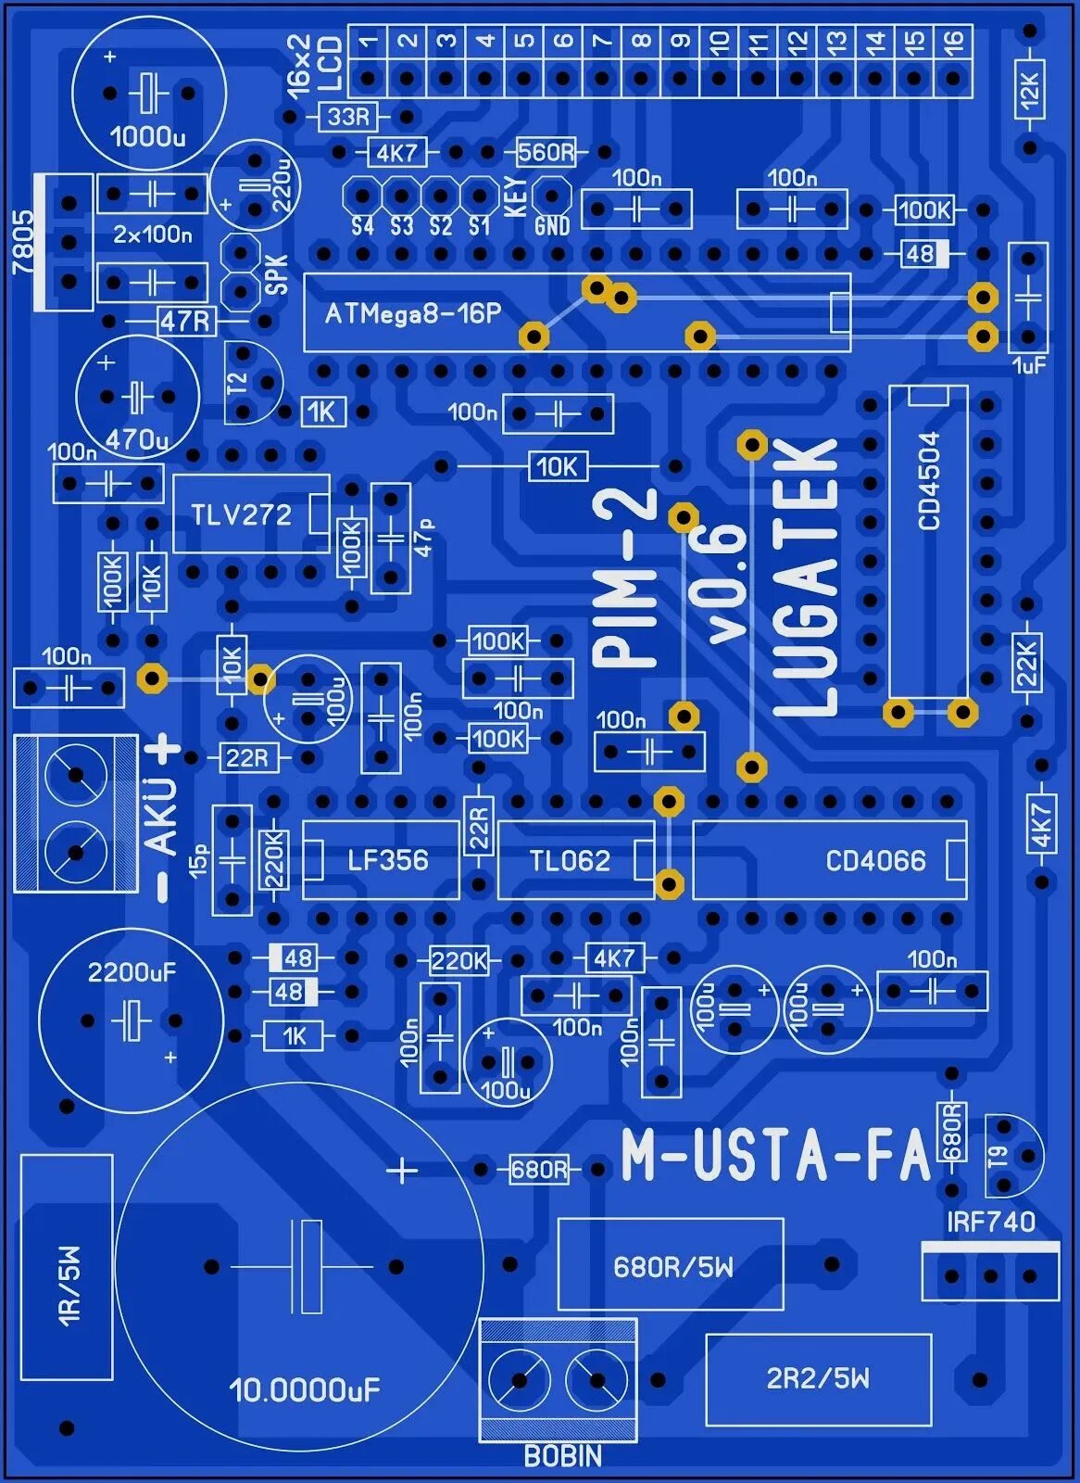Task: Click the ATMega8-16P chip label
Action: [412, 313]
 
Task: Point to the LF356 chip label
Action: [387, 860]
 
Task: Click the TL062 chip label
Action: [570, 861]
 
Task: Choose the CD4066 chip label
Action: [875, 861]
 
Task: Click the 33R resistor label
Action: [348, 117]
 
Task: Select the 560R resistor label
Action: [546, 152]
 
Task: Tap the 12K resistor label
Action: [1029, 89]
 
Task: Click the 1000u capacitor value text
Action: [148, 137]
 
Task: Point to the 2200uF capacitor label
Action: [132, 972]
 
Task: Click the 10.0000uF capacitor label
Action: [305, 1389]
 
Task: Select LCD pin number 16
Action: [953, 41]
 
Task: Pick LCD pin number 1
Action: [369, 41]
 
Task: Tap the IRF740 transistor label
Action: [990, 1222]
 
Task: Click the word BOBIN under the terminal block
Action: [562, 1456]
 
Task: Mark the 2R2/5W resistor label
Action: [818, 1378]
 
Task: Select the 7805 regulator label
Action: [23, 242]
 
